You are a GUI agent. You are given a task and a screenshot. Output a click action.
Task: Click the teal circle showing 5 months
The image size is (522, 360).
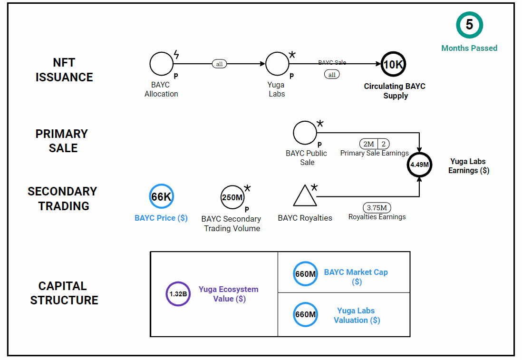469,25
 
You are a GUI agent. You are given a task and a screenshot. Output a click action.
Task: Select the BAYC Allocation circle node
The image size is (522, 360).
162,64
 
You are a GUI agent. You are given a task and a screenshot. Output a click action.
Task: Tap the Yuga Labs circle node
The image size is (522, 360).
277,64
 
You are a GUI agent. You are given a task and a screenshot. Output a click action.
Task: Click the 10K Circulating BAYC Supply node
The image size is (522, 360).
393,65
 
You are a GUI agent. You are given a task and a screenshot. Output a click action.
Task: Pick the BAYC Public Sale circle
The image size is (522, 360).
305,132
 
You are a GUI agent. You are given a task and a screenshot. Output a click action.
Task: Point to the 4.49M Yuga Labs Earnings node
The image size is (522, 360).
419,165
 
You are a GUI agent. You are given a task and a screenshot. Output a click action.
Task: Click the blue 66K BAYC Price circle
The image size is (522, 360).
161,196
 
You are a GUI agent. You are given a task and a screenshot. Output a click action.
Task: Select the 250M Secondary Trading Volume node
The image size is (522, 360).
232,197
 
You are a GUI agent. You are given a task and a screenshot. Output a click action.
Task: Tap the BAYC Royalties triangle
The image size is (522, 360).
305,196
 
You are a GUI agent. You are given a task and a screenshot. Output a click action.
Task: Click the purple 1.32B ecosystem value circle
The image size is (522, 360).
178,294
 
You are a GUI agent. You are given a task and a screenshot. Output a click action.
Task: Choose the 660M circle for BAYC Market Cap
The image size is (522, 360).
305,273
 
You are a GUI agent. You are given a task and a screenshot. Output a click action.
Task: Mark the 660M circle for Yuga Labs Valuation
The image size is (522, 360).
305,314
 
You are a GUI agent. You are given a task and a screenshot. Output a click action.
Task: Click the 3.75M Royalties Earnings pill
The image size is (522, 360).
377,208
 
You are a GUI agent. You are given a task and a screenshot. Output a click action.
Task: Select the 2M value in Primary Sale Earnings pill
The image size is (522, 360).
368,144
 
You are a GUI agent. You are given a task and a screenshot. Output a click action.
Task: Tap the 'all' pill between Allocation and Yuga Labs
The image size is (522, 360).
219,64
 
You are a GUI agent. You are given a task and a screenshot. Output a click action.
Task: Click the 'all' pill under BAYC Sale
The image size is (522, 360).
332,75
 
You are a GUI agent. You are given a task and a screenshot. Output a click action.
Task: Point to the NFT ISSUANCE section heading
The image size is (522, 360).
64,70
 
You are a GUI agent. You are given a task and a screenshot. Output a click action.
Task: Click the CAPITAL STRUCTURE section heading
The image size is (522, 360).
64,293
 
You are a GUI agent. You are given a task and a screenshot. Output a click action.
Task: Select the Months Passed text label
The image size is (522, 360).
469,48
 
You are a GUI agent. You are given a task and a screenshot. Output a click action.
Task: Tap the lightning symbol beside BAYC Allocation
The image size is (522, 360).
176,54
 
